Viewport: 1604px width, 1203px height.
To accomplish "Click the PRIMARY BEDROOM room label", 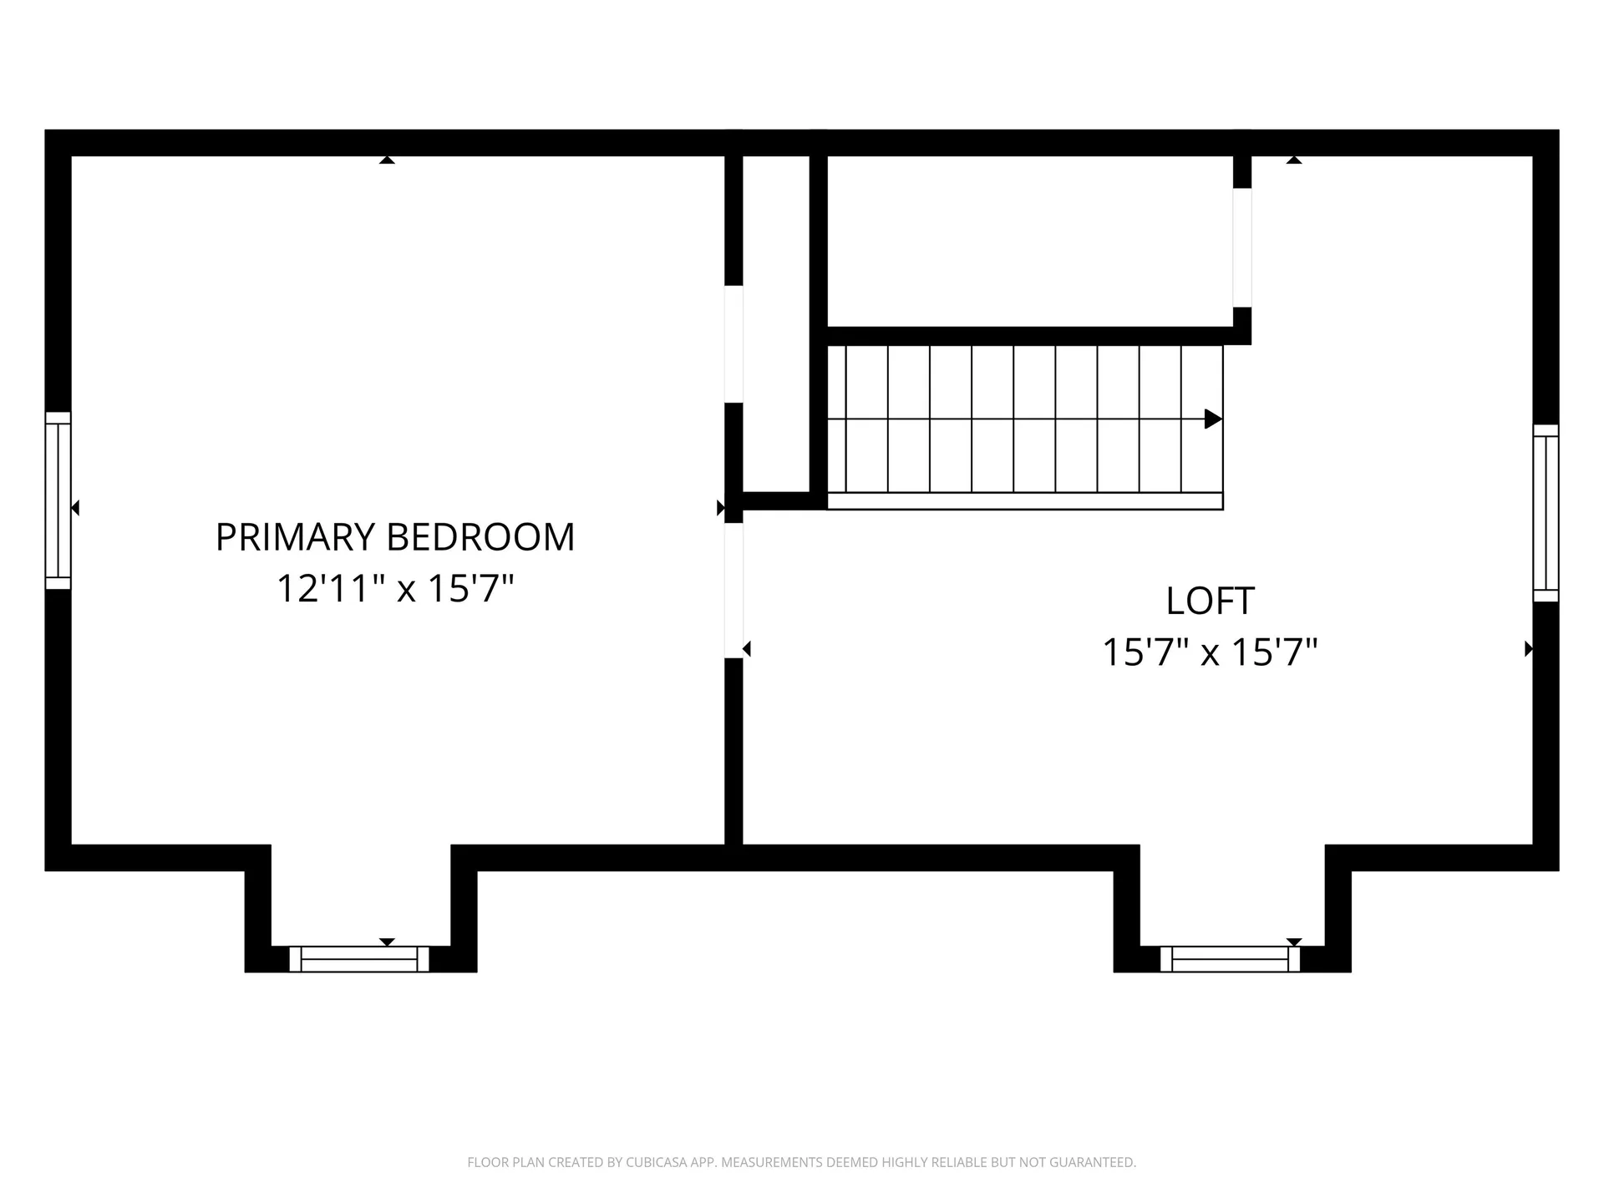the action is click(395, 537).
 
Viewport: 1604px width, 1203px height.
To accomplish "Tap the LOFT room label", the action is click(1210, 601).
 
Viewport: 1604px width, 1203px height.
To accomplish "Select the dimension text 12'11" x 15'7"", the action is click(395, 588).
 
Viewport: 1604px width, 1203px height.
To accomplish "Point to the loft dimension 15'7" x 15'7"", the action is click(1210, 652).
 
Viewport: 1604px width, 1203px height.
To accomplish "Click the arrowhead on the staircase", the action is click(1213, 419).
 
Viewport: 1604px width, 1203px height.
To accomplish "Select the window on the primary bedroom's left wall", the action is click(58, 500).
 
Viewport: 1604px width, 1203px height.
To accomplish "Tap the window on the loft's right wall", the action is click(1546, 513).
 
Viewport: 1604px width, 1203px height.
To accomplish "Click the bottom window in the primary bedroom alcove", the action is click(359, 959).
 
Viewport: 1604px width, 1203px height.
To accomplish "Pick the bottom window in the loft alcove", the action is click(1231, 959).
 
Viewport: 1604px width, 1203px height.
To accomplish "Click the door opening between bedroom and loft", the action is click(733, 591).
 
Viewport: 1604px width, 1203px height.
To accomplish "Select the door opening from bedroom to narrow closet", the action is click(733, 344).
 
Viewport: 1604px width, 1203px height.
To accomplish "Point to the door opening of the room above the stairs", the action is click(1242, 247).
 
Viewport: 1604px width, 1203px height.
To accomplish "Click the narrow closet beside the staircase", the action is click(776, 324).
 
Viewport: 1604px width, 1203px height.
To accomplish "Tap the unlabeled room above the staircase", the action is click(1030, 241).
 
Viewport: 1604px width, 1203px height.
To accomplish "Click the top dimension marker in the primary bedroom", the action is click(387, 160).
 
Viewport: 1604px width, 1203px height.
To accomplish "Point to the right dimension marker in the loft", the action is click(1529, 648).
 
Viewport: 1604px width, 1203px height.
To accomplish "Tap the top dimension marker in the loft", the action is click(1294, 160).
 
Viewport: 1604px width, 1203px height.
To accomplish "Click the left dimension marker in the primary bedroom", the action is click(75, 507).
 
